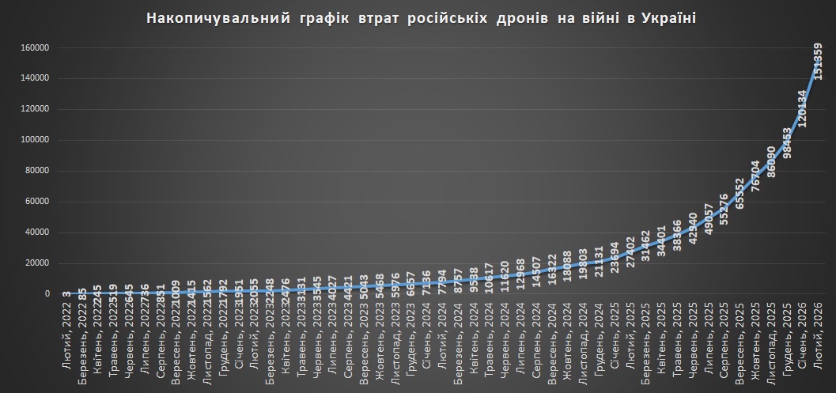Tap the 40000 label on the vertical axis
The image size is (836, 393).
click(x=39, y=232)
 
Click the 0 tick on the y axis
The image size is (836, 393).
click(x=47, y=294)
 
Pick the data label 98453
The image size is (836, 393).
click(x=786, y=144)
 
